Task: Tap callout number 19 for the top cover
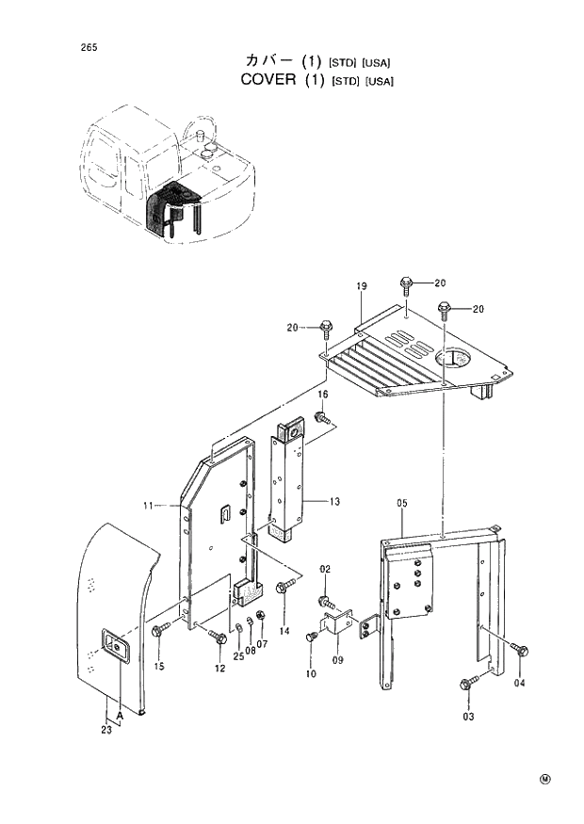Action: pyautogui.click(x=361, y=285)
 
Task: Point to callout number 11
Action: pyautogui.click(x=148, y=507)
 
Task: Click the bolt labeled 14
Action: pyautogui.click(x=282, y=589)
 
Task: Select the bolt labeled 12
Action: pyautogui.click(x=221, y=638)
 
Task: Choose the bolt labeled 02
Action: pyautogui.click(x=325, y=599)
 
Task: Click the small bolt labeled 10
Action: pyautogui.click(x=312, y=638)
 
